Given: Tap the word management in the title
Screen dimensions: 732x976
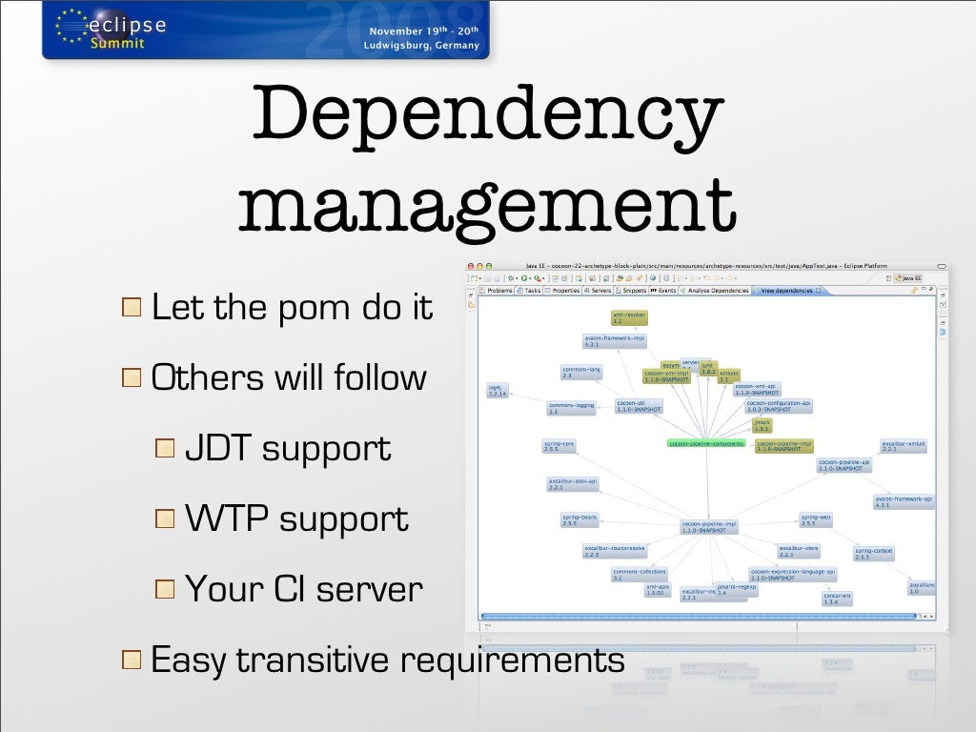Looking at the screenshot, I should click(487, 201).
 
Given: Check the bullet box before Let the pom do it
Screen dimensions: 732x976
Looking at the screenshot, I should click(132, 309).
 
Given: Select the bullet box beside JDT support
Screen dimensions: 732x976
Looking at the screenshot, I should click(165, 449).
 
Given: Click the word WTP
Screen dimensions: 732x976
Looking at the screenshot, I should click(227, 519).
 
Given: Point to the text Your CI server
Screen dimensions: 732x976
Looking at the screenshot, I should click(303, 589).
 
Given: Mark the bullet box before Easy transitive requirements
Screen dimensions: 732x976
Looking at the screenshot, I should click(132, 660).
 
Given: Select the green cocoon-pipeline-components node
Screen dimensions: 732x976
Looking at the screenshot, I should click(705, 443).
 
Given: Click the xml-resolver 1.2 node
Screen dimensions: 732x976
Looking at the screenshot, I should click(630, 318).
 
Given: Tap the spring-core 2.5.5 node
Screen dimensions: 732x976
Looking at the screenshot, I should click(559, 446).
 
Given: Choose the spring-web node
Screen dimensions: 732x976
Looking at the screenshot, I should click(818, 519).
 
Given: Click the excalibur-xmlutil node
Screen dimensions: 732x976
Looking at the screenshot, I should click(904, 446).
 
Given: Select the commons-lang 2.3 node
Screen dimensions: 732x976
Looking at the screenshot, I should click(580, 372).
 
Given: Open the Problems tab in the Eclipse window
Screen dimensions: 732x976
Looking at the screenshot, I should click(498, 290).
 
